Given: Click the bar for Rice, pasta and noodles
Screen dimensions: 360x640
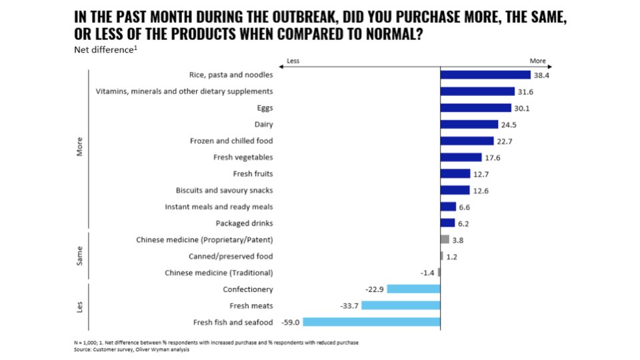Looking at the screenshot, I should tap(485, 75).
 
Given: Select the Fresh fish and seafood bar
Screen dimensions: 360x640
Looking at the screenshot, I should tap(371, 322).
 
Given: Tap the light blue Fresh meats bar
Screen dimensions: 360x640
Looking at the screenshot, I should tap(401, 305).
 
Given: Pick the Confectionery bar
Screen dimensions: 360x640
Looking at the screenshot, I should tap(413, 289).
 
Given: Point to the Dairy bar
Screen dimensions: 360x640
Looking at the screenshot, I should tap(469, 125).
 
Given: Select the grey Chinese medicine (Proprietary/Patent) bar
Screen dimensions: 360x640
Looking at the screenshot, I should tap(445, 239).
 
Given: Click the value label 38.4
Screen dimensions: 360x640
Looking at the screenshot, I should tap(542, 75).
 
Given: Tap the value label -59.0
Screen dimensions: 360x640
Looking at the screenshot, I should tap(291, 322).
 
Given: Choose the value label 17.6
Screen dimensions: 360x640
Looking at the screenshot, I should tap(493, 157).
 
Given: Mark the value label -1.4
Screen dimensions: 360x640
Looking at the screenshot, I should tap(428, 272).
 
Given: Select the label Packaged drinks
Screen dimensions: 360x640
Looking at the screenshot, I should tap(244, 223).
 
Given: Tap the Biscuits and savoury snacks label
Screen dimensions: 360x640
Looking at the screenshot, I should tap(224, 190).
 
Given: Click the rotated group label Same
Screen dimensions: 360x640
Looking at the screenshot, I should tap(80, 256).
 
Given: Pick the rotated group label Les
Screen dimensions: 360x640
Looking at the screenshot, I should tap(80, 305).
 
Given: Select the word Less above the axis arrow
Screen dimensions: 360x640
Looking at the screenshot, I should tap(293, 61).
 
